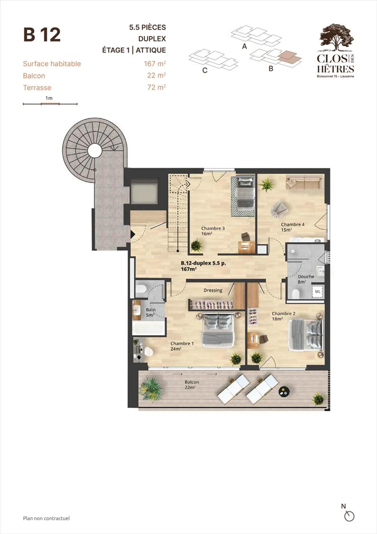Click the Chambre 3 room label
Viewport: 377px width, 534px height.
click(x=213, y=231)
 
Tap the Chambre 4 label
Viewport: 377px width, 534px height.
click(x=292, y=227)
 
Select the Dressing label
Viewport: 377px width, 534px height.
click(x=213, y=290)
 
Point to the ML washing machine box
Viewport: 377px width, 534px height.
click(x=318, y=291)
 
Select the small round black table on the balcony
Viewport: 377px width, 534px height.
click(x=284, y=392)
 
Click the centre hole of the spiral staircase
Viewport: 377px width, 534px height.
click(x=95, y=151)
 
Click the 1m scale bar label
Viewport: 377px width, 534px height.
click(x=49, y=98)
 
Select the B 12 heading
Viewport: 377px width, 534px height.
click(x=42, y=35)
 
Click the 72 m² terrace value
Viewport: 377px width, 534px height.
click(x=157, y=87)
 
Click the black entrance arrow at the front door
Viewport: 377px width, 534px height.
click(x=132, y=234)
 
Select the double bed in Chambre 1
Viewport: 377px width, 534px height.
click(x=218, y=330)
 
